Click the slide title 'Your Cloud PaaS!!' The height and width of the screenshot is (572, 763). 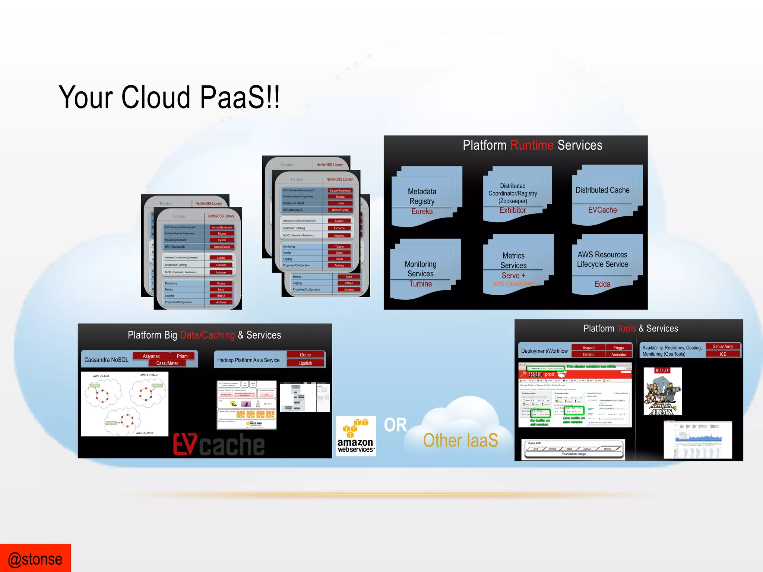pyautogui.click(x=169, y=97)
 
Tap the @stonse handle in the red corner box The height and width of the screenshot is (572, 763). pyautogui.click(x=35, y=559)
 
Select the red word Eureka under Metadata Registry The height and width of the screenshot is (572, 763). pyautogui.click(x=422, y=212)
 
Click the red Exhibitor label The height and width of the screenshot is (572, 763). pyautogui.click(x=513, y=210)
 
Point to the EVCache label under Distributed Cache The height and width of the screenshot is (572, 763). pyautogui.click(x=602, y=210)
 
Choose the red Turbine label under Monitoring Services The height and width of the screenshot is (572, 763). pyautogui.click(x=420, y=284)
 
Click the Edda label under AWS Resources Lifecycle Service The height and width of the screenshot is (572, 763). pyautogui.click(x=602, y=284)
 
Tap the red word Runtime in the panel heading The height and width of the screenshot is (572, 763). pyautogui.click(x=532, y=145)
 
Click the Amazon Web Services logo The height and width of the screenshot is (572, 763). pyautogui.click(x=356, y=436)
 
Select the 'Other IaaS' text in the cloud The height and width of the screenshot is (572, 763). pyautogui.click(x=460, y=441)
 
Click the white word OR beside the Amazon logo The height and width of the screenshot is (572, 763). pyautogui.click(x=395, y=425)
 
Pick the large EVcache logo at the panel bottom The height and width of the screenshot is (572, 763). pyautogui.click(x=219, y=444)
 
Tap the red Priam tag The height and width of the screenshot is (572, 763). pyautogui.click(x=182, y=356)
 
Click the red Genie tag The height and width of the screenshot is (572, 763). pyautogui.click(x=305, y=355)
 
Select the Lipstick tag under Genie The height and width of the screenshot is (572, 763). pyautogui.click(x=305, y=363)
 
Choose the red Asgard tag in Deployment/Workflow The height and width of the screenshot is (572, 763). pyautogui.click(x=588, y=347)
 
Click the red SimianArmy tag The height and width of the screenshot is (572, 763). pyautogui.click(x=723, y=346)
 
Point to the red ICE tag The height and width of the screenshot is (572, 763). pyautogui.click(x=723, y=354)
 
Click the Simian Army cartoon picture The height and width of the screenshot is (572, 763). pyautogui.click(x=662, y=391)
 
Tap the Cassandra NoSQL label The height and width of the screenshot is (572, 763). pyautogui.click(x=106, y=360)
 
